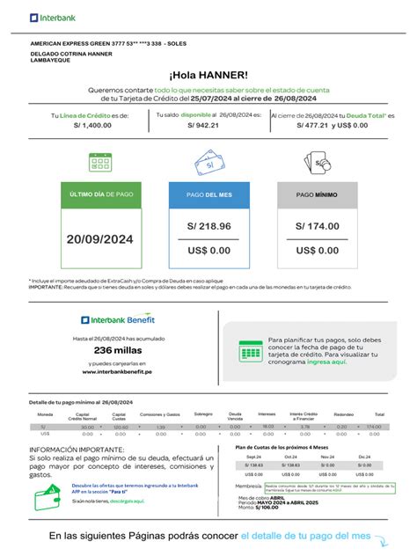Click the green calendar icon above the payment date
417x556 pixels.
99,163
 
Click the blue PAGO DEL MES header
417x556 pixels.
208,194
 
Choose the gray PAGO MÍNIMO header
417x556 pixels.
318,194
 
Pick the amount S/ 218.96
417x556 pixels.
208,227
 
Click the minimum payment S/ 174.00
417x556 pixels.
318,227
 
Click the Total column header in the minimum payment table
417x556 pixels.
379,413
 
